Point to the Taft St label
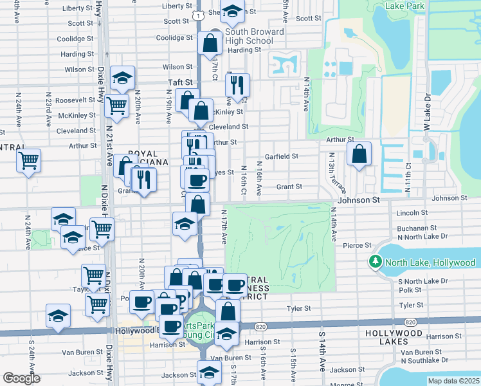click(x=181, y=82)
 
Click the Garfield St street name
click(x=283, y=156)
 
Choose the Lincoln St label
click(x=412, y=212)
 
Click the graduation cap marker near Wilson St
click(x=122, y=78)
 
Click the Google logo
click(x=22, y=378)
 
